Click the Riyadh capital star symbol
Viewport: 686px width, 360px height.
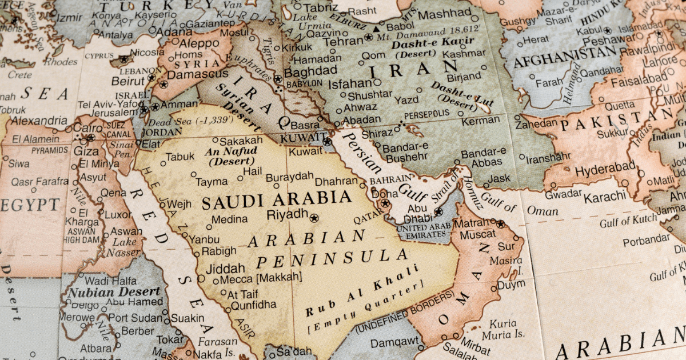click(313, 218)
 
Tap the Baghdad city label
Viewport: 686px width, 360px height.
click(310, 71)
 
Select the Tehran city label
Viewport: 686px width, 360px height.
click(343, 41)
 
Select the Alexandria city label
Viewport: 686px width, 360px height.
click(39, 121)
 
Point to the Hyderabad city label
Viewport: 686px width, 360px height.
click(605, 171)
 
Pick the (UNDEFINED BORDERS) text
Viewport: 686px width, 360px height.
click(405, 312)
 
